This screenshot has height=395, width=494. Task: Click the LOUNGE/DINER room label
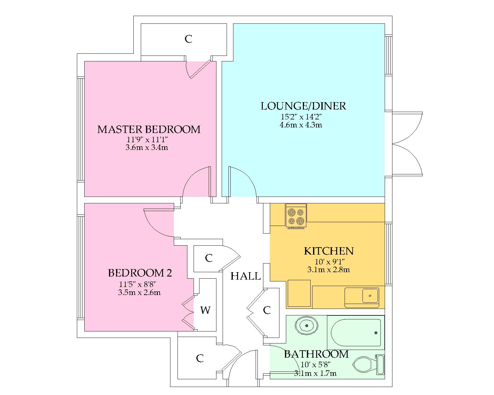(303, 106)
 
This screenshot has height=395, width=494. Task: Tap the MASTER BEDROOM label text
(149, 129)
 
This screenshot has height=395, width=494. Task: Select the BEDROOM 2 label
(140, 273)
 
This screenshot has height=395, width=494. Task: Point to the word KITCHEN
(329, 251)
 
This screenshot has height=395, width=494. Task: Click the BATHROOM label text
(316, 354)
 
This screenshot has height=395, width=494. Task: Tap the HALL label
(246, 276)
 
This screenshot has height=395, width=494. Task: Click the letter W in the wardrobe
(205, 310)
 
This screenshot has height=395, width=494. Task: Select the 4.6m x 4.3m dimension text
(301, 125)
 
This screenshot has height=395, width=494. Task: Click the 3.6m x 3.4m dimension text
(147, 147)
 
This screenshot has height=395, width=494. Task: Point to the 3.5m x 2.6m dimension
(139, 293)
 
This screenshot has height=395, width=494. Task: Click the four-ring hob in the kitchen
(296, 216)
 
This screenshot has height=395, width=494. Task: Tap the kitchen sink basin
(370, 296)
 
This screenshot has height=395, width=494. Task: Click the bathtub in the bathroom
(356, 333)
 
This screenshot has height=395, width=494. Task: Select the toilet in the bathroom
(368, 365)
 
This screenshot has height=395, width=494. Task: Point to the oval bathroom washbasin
(307, 326)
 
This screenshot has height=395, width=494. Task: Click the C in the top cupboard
(188, 39)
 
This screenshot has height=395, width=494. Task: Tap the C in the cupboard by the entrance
(200, 358)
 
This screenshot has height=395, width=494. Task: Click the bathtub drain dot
(376, 333)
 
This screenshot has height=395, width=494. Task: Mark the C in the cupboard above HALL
(209, 258)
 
